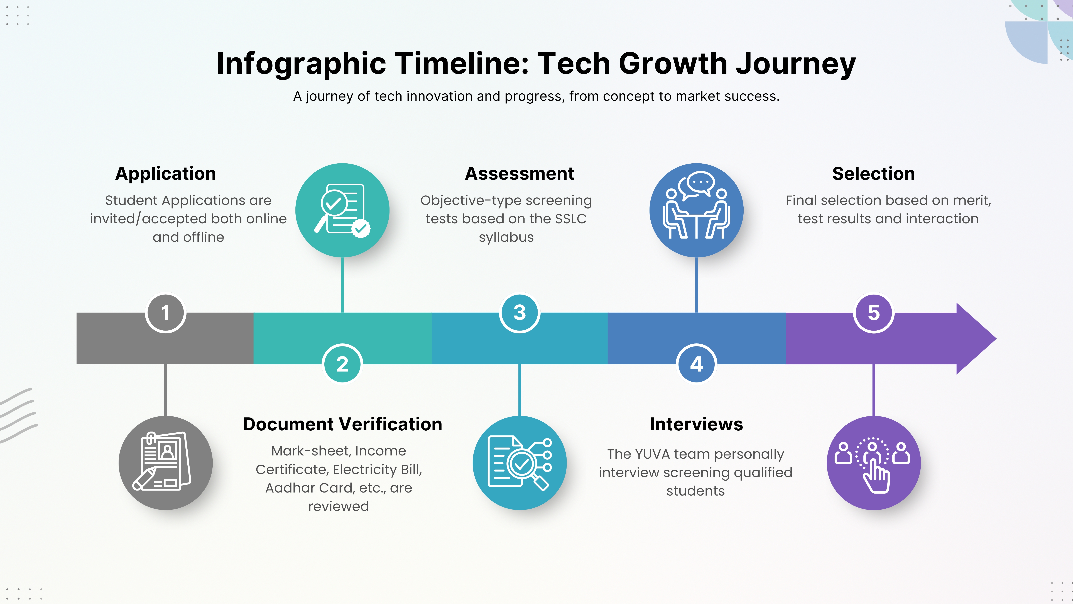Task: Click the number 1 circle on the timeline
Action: [165, 313]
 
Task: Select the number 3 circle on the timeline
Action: [520, 313]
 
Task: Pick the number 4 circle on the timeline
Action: [696, 364]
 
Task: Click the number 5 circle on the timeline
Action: [873, 313]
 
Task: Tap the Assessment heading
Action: [520, 173]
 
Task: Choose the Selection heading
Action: [873, 173]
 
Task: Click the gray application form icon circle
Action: [165, 463]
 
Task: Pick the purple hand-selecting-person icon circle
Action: [873, 463]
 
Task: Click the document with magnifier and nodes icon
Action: [520, 463]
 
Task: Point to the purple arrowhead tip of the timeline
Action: [996, 338]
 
